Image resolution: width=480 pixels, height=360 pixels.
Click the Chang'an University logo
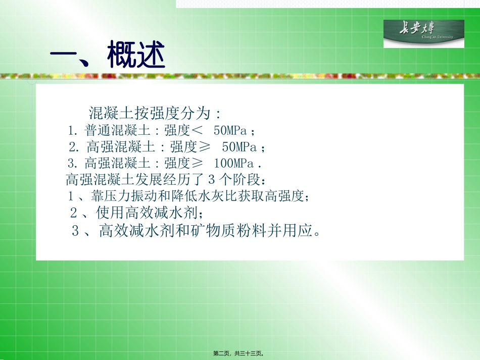[x=423, y=33]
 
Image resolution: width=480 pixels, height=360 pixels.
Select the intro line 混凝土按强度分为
[x=155, y=112]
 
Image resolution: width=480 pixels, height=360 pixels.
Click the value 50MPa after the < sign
[x=230, y=131]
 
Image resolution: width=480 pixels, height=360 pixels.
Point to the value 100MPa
[x=233, y=163]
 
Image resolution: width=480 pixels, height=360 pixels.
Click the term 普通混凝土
[x=118, y=131]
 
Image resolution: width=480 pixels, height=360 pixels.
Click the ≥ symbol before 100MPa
[x=197, y=163]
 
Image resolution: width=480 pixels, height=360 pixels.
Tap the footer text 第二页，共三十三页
[x=239, y=354]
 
